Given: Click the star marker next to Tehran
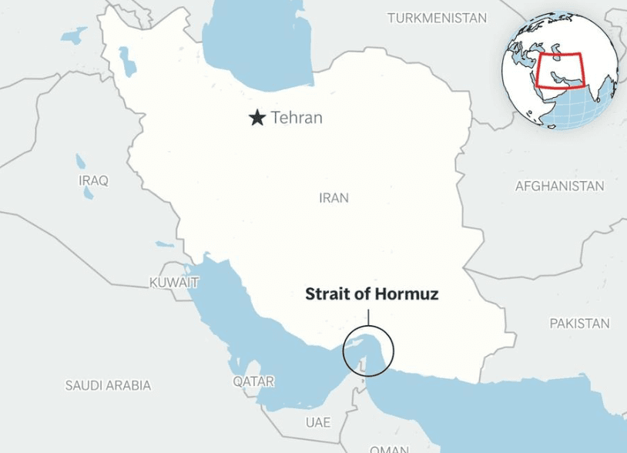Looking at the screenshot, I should [256, 118].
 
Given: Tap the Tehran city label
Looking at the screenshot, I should [297, 118].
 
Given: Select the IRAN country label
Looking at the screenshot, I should [334, 198].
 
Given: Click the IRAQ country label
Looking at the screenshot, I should [93, 180].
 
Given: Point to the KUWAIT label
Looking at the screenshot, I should [174, 283].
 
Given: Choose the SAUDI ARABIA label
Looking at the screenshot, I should [108, 385].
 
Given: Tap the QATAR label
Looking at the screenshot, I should [253, 381].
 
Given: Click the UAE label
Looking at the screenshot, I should [317, 422].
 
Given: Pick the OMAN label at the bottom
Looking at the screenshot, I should [389, 448].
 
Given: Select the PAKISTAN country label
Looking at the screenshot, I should [579, 324].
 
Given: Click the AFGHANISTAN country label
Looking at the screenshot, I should [559, 186].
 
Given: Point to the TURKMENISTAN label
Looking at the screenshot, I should [437, 17].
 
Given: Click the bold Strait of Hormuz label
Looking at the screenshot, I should [372, 294].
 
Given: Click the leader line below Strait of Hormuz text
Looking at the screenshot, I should [368, 317].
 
